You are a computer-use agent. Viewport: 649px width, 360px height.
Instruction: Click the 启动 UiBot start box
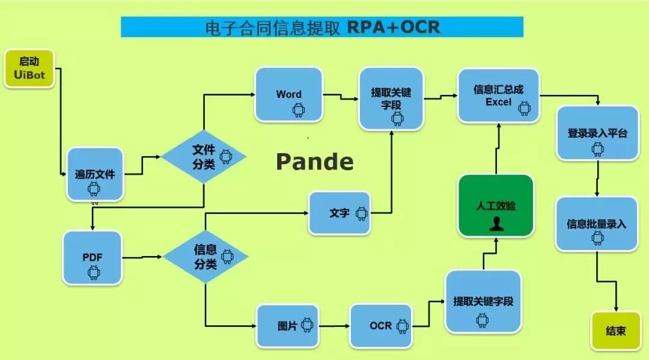(x=29, y=69)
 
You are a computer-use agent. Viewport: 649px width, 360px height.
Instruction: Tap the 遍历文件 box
(x=95, y=174)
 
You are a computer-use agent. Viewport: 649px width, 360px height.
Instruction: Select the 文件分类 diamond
(x=204, y=156)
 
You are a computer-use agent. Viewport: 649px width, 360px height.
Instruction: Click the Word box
(x=289, y=94)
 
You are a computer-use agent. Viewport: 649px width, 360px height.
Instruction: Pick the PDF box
(x=93, y=258)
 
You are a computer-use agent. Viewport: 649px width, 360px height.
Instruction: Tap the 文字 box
(x=340, y=213)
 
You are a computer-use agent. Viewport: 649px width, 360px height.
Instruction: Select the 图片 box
(x=287, y=326)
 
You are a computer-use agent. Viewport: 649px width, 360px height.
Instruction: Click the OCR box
(x=380, y=326)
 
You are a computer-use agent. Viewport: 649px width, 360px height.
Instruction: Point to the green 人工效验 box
(x=496, y=206)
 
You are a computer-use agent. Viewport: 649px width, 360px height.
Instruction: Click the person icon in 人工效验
(x=496, y=224)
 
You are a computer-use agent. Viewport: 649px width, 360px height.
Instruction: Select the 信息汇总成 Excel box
(x=498, y=96)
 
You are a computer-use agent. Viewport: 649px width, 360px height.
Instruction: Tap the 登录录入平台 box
(x=597, y=133)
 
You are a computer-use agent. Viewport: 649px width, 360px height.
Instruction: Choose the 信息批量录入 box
(x=596, y=224)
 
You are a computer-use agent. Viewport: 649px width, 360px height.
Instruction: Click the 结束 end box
(x=615, y=331)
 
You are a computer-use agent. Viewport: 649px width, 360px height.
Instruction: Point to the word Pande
(x=314, y=162)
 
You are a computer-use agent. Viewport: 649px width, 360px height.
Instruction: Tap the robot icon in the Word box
(x=298, y=109)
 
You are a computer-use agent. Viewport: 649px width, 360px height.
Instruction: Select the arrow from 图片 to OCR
(x=334, y=326)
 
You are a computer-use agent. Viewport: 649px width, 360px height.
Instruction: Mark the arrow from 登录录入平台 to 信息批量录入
(x=597, y=178)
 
